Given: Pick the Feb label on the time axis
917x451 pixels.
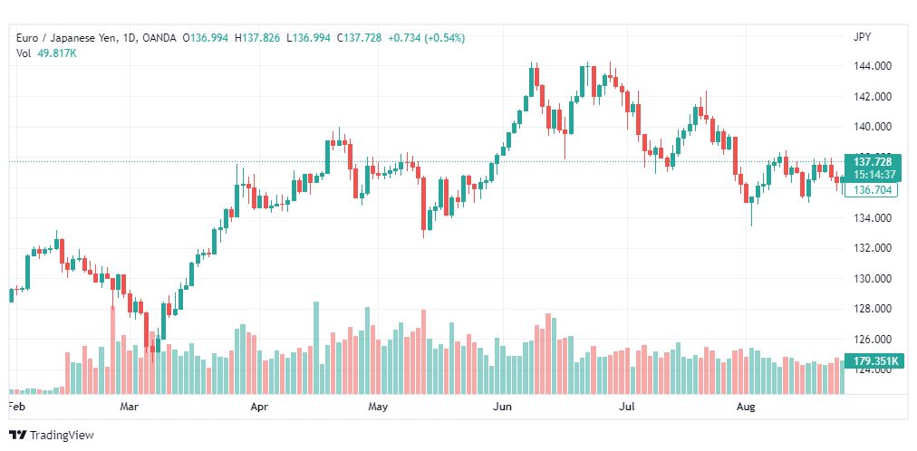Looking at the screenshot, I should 16,407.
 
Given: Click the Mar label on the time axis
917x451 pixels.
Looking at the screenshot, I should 130,407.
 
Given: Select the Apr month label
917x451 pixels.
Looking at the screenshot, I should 260,407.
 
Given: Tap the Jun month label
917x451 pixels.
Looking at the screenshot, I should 502,407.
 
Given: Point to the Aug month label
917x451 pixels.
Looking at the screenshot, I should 746,407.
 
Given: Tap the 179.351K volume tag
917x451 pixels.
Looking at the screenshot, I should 871,361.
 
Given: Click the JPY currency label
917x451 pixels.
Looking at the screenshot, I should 862,37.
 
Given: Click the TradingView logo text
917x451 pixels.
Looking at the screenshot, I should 62,435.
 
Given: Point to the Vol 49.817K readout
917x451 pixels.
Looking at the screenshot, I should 48,53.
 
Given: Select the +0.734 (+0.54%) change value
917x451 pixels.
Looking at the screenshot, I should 426,38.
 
